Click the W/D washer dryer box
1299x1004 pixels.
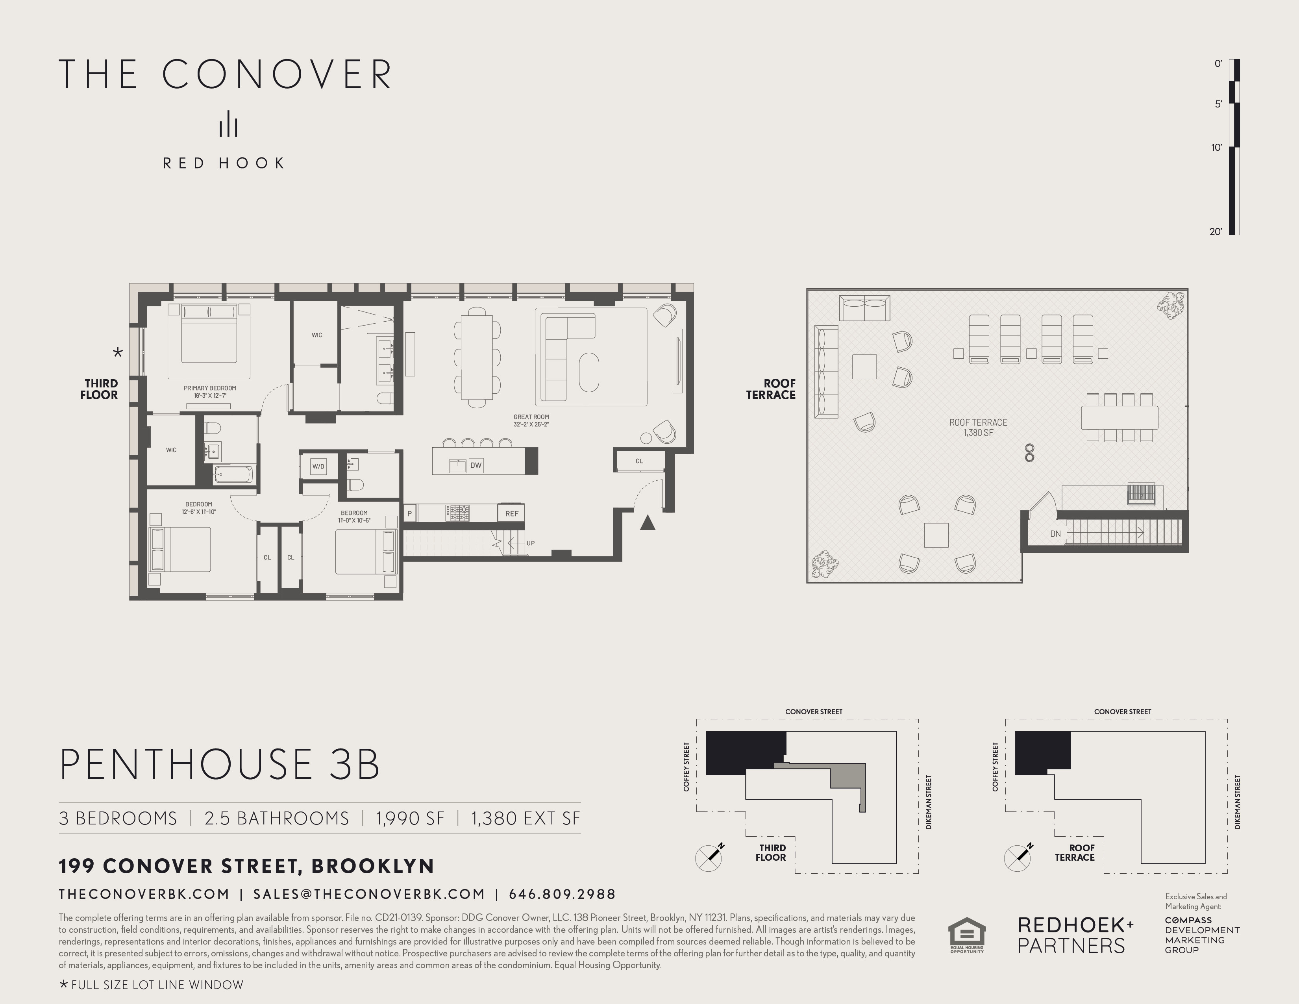(x=318, y=466)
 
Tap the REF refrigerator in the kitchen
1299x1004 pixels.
(x=511, y=513)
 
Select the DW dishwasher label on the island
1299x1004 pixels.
(x=476, y=465)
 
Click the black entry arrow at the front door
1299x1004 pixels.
(x=648, y=523)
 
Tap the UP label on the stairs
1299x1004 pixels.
(x=530, y=543)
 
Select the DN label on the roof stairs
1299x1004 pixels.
(x=1055, y=533)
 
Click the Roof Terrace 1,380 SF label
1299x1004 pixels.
(x=979, y=427)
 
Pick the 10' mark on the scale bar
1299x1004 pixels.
(x=1217, y=148)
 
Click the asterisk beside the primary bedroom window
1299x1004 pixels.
(x=118, y=353)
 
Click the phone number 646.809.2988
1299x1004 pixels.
(x=562, y=894)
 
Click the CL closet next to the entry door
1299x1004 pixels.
(x=639, y=461)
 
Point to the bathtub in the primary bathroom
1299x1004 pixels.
(x=233, y=474)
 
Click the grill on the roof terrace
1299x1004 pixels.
(x=1142, y=494)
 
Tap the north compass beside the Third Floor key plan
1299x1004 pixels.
(x=709, y=857)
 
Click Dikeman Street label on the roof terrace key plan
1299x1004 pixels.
(x=1238, y=801)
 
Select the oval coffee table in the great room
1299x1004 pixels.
(x=589, y=372)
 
